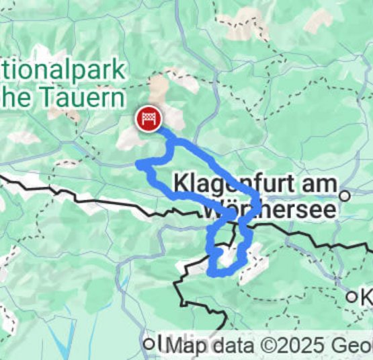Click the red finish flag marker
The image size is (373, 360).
pyautogui.click(x=148, y=119)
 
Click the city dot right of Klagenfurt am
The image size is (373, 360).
pyautogui.click(x=345, y=196)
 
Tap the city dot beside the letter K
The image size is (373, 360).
pyautogui.click(x=351, y=296)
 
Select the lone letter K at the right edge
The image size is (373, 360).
pyautogui.click(x=366, y=296)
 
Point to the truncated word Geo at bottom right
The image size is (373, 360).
pyautogui.click(x=354, y=346)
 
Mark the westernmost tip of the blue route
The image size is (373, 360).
pyautogui.click(x=138, y=164)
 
